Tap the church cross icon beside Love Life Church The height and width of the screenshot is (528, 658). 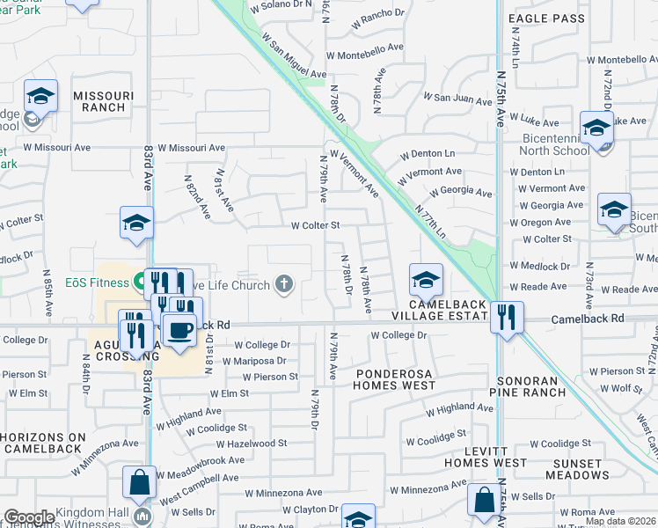click(282, 283)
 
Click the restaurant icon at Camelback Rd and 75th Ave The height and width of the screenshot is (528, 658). click(506, 317)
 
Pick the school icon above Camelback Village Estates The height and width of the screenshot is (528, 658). click(425, 281)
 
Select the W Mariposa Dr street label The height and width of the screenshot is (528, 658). click(255, 361)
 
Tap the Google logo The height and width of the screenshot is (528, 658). click(29, 517)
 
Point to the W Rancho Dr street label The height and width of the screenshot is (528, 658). click(377, 13)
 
